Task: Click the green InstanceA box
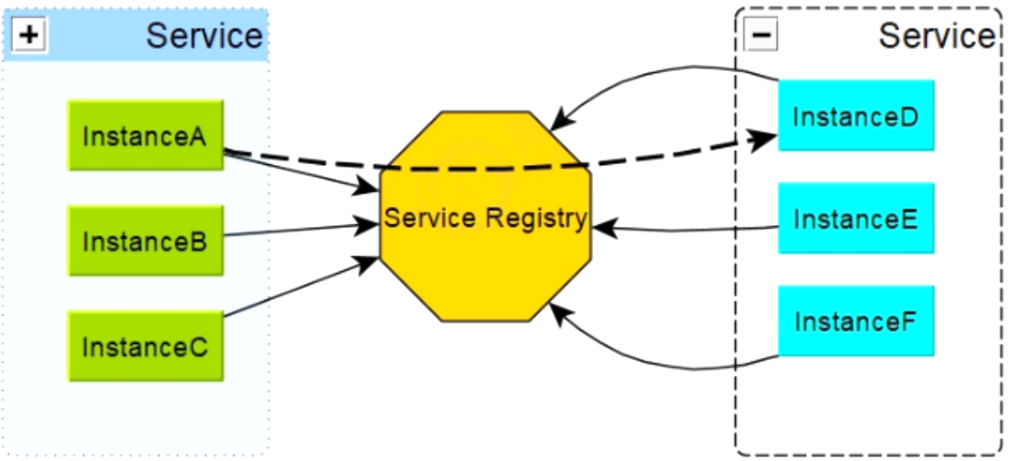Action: [146, 136]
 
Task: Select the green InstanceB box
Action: [146, 242]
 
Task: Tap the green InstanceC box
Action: [146, 347]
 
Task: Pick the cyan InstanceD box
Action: [856, 116]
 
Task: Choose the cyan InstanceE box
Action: [856, 219]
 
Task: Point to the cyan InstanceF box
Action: [856, 322]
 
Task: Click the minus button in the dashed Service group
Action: [764, 35]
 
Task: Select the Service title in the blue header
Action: [204, 36]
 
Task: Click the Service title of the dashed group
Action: [936, 36]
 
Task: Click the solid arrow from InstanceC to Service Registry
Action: [295, 290]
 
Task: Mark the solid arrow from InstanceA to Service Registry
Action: [295, 171]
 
